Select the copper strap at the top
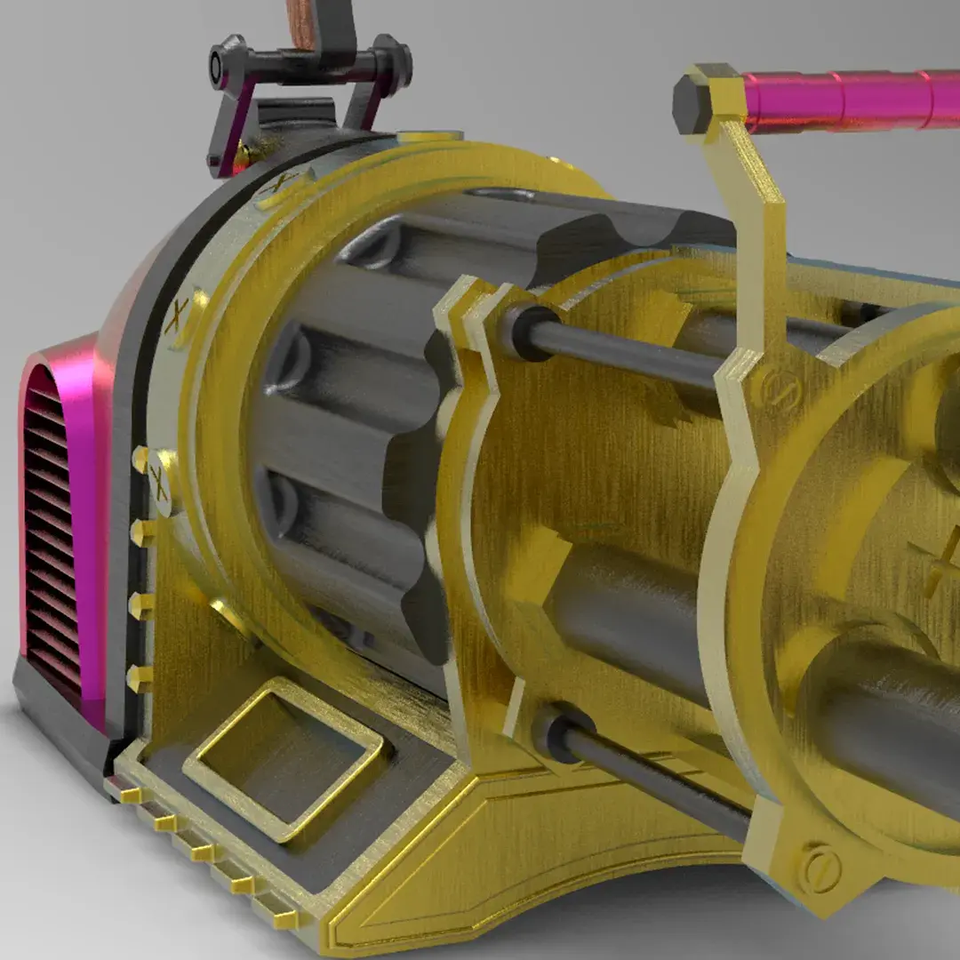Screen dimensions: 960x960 (305, 22)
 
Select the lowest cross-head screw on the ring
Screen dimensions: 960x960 (158, 481)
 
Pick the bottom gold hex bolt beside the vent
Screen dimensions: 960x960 (140, 677)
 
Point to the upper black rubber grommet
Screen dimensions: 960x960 (527, 331)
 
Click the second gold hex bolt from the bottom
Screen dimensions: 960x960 (140, 606)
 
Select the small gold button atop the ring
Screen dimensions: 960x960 (430, 136)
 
